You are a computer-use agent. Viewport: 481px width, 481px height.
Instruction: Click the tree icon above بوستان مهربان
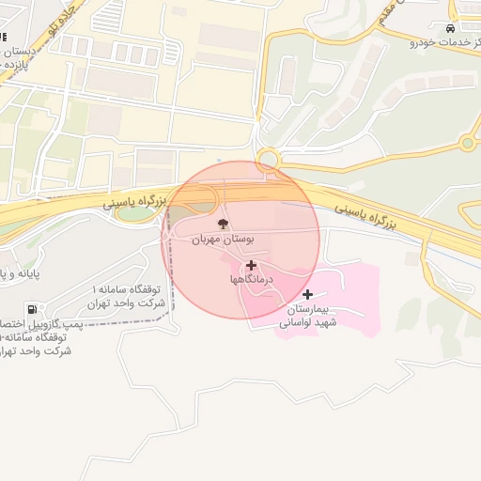(223, 225)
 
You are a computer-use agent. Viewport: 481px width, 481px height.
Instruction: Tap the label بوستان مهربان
(224, 240)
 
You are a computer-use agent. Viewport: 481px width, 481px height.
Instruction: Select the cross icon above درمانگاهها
(251, 266)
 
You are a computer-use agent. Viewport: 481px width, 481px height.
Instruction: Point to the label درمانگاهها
(251, 280)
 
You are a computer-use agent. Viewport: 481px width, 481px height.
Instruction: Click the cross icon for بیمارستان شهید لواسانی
(307, 295)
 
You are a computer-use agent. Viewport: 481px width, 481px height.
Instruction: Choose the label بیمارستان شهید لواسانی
(307, 316)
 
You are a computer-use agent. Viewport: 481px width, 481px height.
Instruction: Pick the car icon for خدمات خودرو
(452, 29)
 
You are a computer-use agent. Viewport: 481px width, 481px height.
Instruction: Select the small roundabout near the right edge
(467, 144)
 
